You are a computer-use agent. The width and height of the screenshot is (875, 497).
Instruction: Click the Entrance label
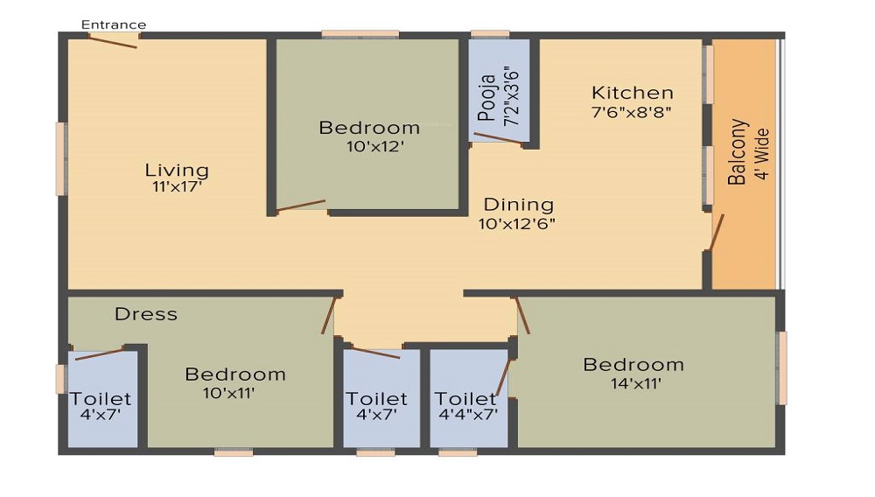click(x=114, y=24)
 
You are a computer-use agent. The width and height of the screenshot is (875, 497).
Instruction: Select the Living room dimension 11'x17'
click(x=177, y=187)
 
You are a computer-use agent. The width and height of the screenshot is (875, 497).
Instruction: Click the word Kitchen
click(x=633, y=93)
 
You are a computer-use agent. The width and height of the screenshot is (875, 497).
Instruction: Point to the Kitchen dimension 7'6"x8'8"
click(x=631, y=111)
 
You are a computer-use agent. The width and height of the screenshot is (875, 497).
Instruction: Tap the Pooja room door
click(x=499, y=138)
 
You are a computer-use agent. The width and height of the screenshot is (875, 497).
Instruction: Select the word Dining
click(x=518, y=205)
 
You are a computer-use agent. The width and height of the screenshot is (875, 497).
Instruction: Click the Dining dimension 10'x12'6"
click(x=517, y=224)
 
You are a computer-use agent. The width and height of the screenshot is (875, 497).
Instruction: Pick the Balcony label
click(x=737, y=151)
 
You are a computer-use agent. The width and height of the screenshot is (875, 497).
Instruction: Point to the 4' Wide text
click(x=762, y=155)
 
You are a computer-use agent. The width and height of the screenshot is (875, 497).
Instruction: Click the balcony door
click(x=717, y=232)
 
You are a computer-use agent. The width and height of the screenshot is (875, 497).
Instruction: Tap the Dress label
click(x=146, y=314)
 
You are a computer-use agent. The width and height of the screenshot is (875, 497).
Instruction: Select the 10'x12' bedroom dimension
click(x=374, y=147)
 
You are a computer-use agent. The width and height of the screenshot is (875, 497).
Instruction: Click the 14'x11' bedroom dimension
click(x=635, y=384)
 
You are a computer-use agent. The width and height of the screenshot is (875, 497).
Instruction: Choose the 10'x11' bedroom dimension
click(x=228, y=393)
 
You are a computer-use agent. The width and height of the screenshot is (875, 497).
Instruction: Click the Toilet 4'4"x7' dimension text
click(x=468, y=415)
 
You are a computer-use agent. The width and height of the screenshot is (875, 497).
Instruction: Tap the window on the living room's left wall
click(x=61, y=159)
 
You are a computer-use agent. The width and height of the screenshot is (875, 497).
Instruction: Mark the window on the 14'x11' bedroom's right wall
click(x=782, y=368)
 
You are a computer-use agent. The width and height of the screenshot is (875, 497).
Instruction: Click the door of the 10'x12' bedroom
click(x=301, y=206)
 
